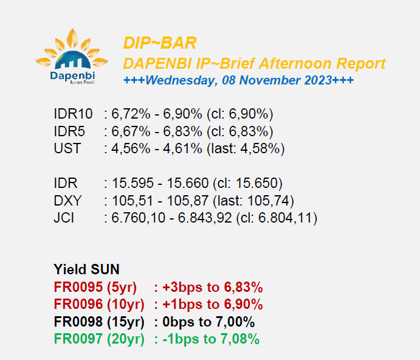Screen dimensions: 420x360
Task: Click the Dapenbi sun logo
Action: (72, 57)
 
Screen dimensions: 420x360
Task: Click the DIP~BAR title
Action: (160, 43)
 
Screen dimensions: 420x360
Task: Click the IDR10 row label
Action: (73, 114)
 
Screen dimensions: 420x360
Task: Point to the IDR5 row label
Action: (69, 131)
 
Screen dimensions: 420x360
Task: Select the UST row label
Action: (67, 148)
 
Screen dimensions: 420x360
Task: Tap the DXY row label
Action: (67, 201)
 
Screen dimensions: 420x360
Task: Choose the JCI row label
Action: (64, 218)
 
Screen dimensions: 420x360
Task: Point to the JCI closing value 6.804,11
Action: (285, 218)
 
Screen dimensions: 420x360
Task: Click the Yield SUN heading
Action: (86, 269)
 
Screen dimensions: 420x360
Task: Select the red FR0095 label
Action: (78, 287)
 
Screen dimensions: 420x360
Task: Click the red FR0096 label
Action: (78, 304)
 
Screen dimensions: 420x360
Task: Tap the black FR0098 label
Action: (78, 322)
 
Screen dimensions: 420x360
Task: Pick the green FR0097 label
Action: (78, 339)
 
